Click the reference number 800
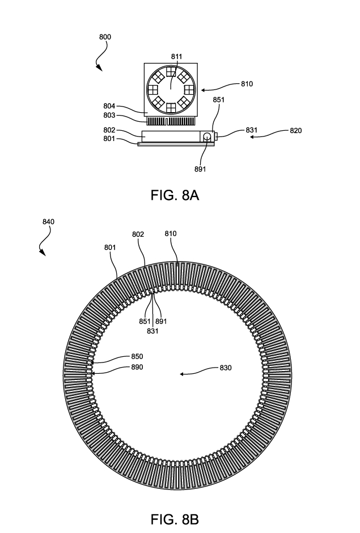tap(105, 37)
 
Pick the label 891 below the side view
tap(201, 168)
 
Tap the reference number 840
tap(48, 223)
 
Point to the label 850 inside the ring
tap(137, 357)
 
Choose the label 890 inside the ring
tap(137, 368)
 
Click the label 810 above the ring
tap(170, 233)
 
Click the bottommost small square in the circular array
tap(171, 106)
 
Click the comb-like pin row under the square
tap(171, 120)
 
